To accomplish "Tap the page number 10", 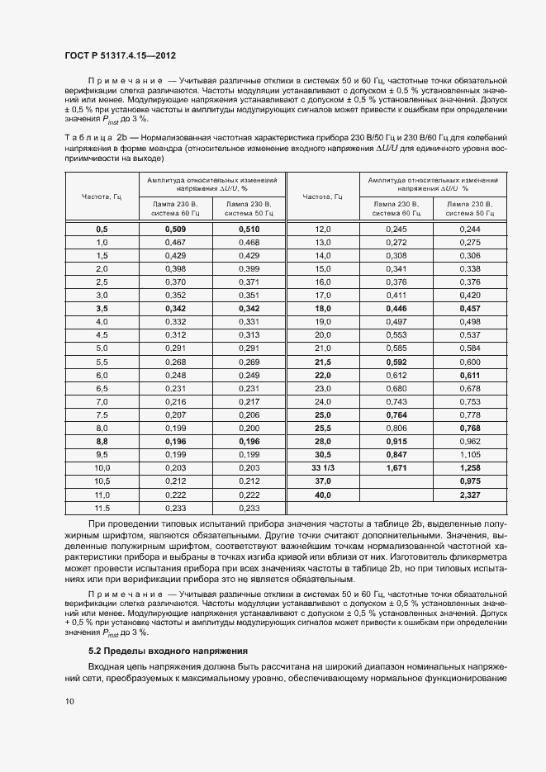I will click(69, 701).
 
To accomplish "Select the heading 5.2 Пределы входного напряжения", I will click(159, 651).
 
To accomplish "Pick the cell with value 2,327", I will click(469, 495).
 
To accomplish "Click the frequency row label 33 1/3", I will click(322, 467).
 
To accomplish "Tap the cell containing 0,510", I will click(249, 229).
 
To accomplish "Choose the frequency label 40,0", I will click(322, 495).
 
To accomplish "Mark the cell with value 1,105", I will click(469, 454).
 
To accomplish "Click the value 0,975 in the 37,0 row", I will click(469, 481).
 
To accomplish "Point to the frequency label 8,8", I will click(102, 441).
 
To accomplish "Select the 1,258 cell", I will click(469, 467).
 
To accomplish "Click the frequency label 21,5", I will click(322, 362).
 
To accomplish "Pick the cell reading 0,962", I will click(469, 441).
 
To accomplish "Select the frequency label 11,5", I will click(102, 508).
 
